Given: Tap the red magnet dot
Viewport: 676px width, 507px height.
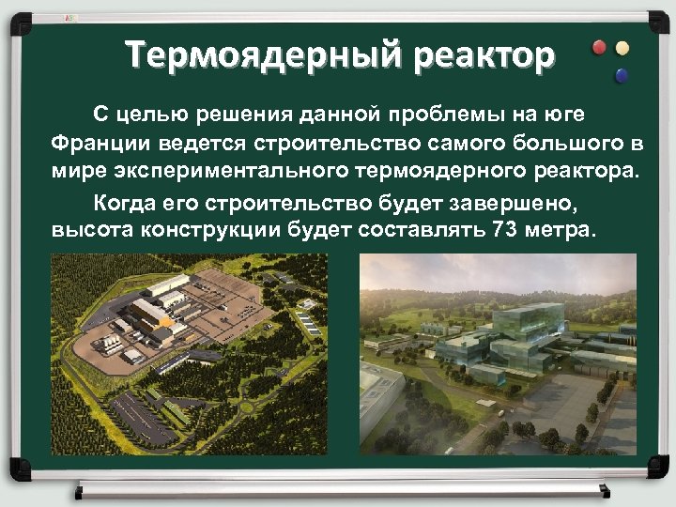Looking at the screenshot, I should point(599,48).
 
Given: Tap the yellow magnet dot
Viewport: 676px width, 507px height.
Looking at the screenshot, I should point(622,48).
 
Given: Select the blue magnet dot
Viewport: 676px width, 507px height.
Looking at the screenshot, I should point(620,75).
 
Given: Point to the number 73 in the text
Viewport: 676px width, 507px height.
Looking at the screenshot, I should point(506,231).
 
